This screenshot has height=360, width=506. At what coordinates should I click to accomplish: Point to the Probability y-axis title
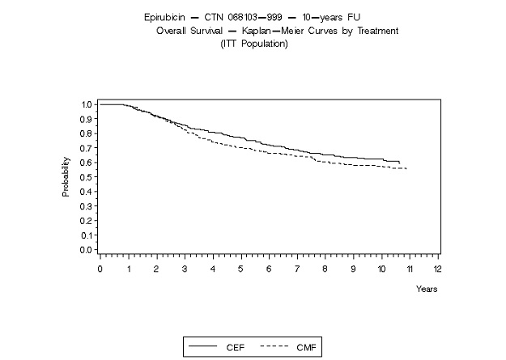pyautogui.click(x=66, y=178)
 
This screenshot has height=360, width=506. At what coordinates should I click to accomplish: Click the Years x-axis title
pyautogui.click(x=427, y=288)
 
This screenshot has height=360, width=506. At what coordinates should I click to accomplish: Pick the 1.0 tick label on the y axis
pyautogui.click(x=86, y=104)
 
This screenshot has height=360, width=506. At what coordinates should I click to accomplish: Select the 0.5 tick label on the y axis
pyautogui.click(x=86, y=177)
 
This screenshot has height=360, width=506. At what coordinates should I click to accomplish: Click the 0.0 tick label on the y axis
pyautogui.click(x=86, y=250)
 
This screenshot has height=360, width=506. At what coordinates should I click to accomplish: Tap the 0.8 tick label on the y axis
pyautogui.click(x=86, y=133)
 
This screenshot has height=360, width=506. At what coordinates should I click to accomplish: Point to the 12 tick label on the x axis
pyautogui.click(x=438, y=268)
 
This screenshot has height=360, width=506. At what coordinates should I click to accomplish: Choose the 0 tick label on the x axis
pyautogui.click(x=100, y=268)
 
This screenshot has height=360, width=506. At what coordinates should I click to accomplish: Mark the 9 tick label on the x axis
pyautogui.click(x=354, y=268)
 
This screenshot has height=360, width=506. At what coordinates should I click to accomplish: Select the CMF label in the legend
pyautogui.click(x=304, y=346)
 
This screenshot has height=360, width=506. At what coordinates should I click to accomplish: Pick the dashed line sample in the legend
pyautogui.click(x=274, y=346)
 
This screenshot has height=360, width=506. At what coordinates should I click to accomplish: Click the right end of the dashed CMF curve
pyautogui.click(x=406, y=168)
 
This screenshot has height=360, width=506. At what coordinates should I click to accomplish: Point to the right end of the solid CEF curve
pyautogui.click(x=399, y=163)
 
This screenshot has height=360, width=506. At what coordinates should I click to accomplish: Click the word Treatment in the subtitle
pyautogui.click(x=373, y=31)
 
